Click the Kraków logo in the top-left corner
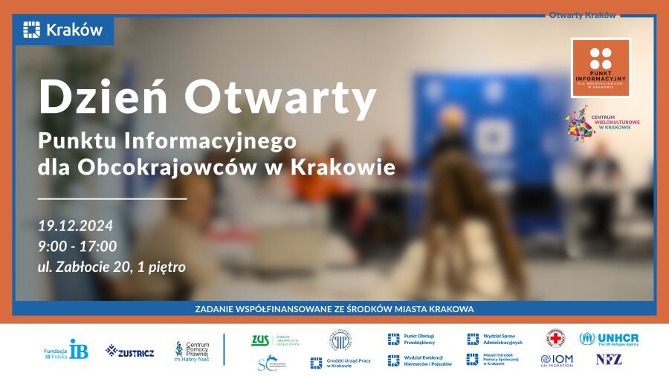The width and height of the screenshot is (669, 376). pos(62,30)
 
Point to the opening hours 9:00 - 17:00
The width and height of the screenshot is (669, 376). pos(77,246)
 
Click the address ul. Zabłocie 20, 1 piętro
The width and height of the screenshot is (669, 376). pos(111,266)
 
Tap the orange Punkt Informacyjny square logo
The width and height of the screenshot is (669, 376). pos(601,68)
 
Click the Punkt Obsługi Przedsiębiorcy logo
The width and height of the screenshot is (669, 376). pos(411,340)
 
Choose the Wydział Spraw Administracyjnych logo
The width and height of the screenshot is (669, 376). pos(494,340)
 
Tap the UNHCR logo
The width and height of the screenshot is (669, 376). pos(609,339)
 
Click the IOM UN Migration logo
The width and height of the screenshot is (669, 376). pos(557,360)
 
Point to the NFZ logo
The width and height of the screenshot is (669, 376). pos(609,360)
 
